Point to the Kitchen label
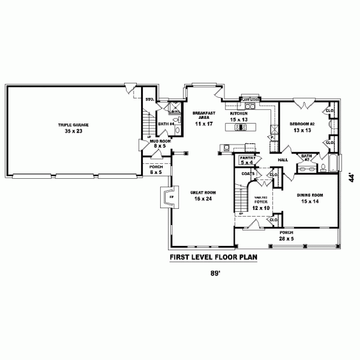click(239, 113)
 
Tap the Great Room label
click(203, 193)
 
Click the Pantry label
click(247, 157)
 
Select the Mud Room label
click(159, 140)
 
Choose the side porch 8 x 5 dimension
click(155, 172)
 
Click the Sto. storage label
click(149, 98)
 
